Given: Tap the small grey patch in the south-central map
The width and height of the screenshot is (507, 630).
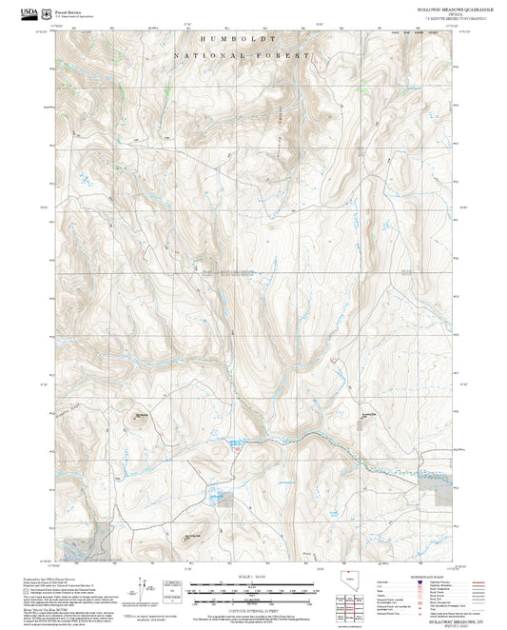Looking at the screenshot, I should (217, 497).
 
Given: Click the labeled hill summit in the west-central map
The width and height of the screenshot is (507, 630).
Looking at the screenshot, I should (139, 416).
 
